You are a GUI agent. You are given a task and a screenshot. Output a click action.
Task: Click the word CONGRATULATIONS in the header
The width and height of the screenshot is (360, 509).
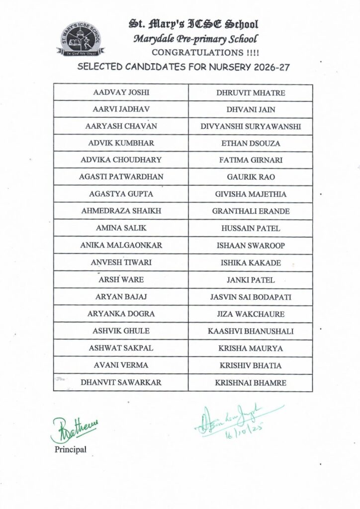pos(191,52)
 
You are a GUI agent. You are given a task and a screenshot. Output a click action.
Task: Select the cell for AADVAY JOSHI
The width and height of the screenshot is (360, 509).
pos(121,92)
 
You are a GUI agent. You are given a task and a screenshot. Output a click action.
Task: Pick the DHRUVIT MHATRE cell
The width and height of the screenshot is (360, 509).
pos(251,92)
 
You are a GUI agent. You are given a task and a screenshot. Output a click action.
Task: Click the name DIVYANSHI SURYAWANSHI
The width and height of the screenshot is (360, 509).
pos(251,126)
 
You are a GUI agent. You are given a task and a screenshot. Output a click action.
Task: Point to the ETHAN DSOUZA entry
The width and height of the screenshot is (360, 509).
pos(251,143)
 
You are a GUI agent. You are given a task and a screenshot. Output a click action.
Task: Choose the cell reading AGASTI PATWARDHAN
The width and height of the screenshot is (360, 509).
pos(121,177)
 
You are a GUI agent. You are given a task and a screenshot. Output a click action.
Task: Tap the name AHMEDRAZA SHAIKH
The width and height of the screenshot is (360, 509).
pos(121,211)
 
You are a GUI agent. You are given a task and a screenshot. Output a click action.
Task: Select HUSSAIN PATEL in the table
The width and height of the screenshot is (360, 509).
pos(251,228)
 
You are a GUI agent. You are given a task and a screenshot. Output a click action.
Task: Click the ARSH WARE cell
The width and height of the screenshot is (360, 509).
pos(121,279)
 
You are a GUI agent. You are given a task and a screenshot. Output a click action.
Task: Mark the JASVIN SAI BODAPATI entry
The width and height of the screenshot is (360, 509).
pos(251,297)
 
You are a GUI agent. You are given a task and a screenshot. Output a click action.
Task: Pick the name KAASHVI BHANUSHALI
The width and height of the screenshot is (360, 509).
pos(251,331)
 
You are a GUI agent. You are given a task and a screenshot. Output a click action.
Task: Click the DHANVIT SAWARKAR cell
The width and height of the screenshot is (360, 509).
pos(121,383)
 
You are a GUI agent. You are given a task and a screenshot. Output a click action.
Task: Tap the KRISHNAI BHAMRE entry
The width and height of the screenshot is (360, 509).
pos(251,383)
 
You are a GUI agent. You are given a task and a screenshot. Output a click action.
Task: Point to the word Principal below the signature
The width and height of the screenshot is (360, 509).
pos(70,450)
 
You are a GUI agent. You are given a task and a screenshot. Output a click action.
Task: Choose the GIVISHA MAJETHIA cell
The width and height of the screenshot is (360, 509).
pos(251,194)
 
